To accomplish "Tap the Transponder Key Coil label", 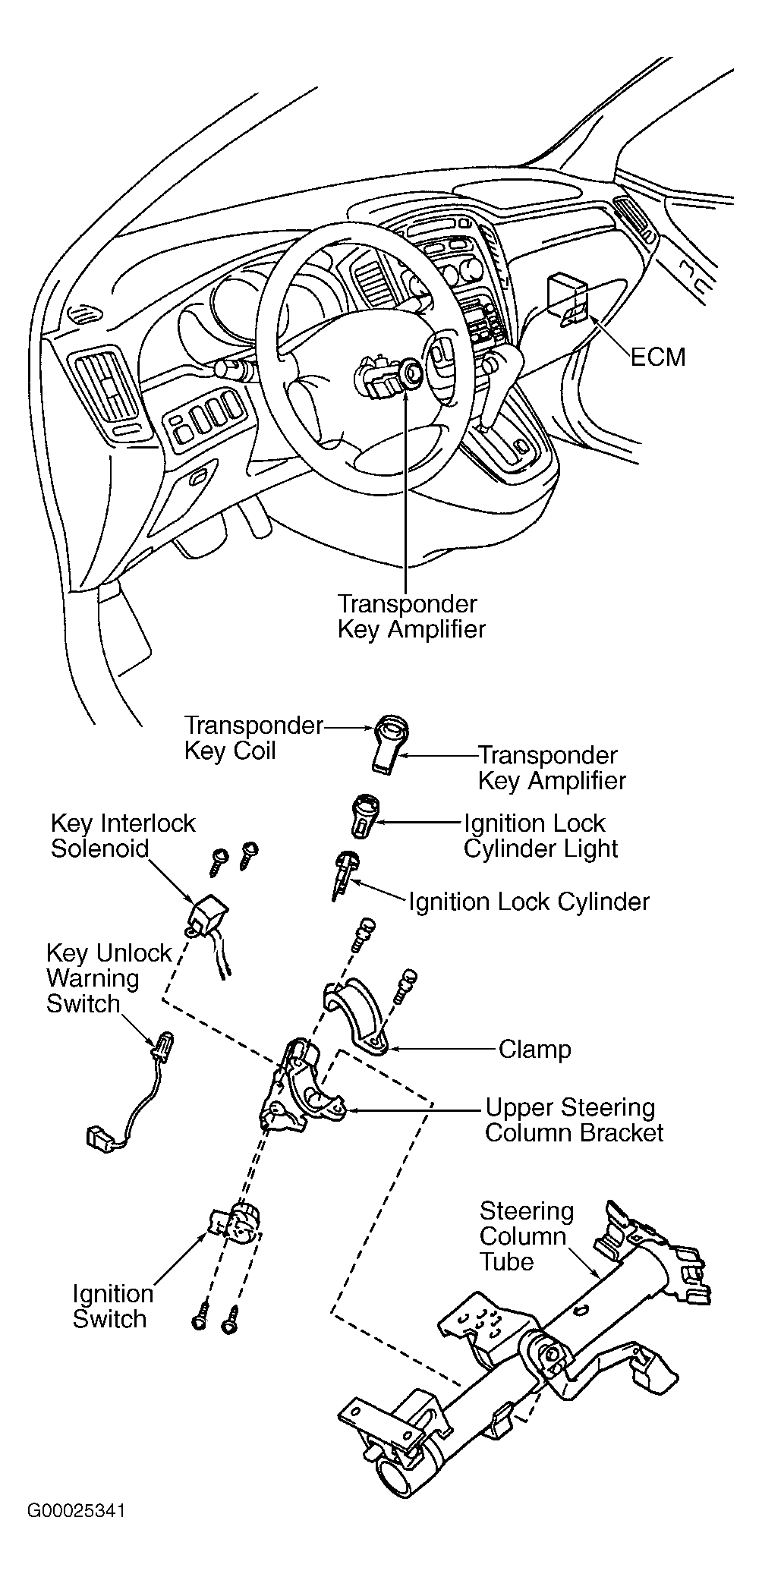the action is click(x=253, y=738).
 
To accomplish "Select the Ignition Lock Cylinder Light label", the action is click(x=541, y=836).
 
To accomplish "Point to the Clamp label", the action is click(x=534, y=1050).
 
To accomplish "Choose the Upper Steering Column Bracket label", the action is click(x=574, y=1120).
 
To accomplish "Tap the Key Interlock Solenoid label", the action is click(x=122, y=836).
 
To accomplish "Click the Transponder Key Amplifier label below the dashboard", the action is click(x=411, y=616).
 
